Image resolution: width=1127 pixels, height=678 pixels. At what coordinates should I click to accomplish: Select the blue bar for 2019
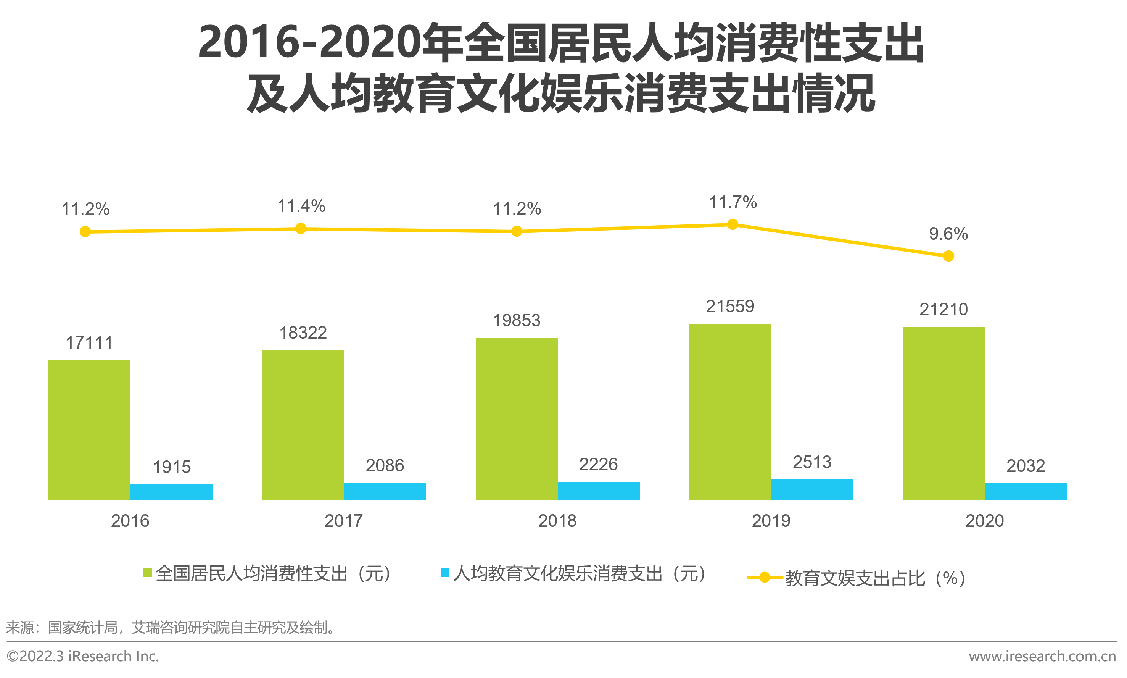812,489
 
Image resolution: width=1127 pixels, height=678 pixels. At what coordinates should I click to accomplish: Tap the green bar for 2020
943,413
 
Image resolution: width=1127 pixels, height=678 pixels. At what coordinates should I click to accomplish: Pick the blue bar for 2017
385,491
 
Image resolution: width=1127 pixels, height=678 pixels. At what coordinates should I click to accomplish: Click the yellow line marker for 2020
948,256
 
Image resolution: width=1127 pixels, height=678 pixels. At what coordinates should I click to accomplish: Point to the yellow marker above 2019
732,224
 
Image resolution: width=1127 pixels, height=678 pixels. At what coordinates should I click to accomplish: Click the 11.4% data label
301,206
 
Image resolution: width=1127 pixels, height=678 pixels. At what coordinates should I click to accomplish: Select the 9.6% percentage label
948,234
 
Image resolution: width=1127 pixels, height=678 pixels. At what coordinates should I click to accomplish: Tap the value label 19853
517,320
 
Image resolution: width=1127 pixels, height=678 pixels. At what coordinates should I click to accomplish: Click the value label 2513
812,462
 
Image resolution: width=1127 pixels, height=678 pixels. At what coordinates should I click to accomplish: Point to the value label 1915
172,467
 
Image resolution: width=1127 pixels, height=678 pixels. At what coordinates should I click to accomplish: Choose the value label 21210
943,309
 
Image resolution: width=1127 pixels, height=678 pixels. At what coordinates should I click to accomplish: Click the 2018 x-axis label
557,521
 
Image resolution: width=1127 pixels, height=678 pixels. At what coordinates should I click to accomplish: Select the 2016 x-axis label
130,521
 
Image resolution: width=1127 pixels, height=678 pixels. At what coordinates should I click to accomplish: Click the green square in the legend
147,573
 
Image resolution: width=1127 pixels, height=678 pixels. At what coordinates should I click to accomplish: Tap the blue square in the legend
444,573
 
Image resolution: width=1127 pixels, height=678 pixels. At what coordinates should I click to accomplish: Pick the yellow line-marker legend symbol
765,578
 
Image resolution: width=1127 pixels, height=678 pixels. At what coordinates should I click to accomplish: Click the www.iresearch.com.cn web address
1042,657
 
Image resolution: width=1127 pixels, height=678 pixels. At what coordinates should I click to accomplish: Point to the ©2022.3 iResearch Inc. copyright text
83,657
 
